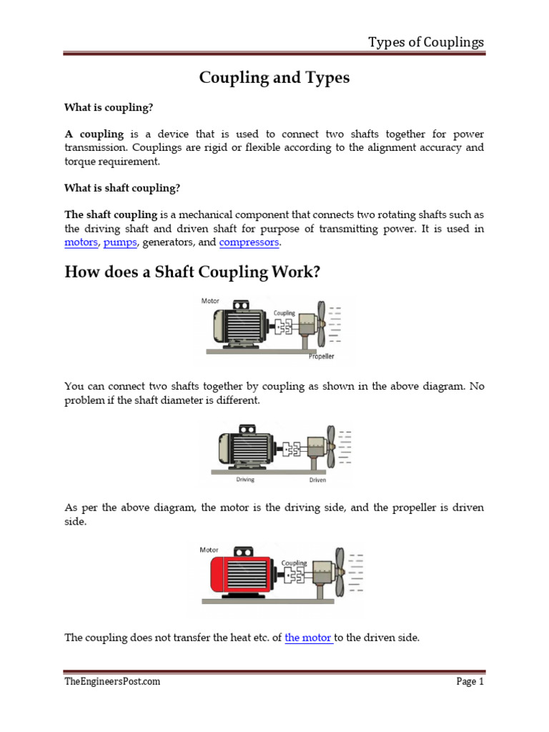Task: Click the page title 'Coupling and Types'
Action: [x=274, y=78]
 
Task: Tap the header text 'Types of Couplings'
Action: [x=426, y=42]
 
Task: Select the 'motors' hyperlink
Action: [x=81, y=243]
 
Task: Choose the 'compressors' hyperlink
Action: [x=249, y=243]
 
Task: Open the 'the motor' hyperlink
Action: [x=308, y=638]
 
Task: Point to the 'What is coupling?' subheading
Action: [x=109, y=107]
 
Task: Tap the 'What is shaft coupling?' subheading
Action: [x=122, y=188]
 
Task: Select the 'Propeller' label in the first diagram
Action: [x=322, y=356]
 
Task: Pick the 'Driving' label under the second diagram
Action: [x=245, y=480]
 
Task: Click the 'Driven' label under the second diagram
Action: [x=317, y=480]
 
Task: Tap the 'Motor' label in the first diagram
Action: [x=210, y=301]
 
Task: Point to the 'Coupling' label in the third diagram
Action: [x=294, y=563]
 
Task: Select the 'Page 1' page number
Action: [x=470, y=681]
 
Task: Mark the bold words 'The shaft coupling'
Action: [x=111, y=214]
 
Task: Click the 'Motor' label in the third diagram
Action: [x=209, y=550]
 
